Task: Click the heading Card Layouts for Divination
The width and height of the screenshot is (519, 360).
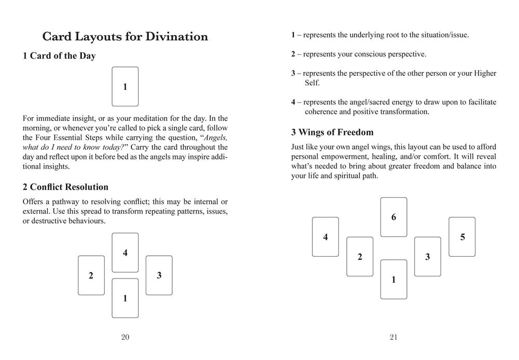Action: coord(125,36)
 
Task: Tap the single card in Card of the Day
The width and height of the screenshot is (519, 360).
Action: coord(125,87)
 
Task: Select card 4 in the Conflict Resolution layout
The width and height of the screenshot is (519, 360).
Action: coord(125,253)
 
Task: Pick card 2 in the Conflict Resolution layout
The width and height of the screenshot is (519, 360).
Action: coord(91,275)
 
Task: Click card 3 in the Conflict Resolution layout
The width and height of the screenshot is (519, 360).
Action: coord(159,275)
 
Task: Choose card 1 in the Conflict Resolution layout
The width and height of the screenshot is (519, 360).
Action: coord(125,298)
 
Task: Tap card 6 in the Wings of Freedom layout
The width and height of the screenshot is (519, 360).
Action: coord(393,217)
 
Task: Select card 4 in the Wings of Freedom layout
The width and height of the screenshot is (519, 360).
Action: coord(325,237)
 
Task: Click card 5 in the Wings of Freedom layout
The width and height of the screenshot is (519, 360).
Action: coord(462,237)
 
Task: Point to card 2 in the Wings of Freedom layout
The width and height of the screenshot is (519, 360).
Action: coord(360,257)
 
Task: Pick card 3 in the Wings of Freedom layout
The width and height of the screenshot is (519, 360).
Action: coord(428,257)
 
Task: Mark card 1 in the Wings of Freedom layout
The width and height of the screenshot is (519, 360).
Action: coord(393,280)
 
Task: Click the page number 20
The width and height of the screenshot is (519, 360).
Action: coord(125,337)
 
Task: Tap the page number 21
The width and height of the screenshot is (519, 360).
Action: coord(393,337)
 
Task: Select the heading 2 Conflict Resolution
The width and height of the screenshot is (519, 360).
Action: coord(65,187)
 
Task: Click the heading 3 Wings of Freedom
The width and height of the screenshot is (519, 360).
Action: coord(332,132)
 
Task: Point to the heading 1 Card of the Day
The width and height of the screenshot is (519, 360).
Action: coord(59,56)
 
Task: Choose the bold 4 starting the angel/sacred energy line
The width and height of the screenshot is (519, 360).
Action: coord(293,102)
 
